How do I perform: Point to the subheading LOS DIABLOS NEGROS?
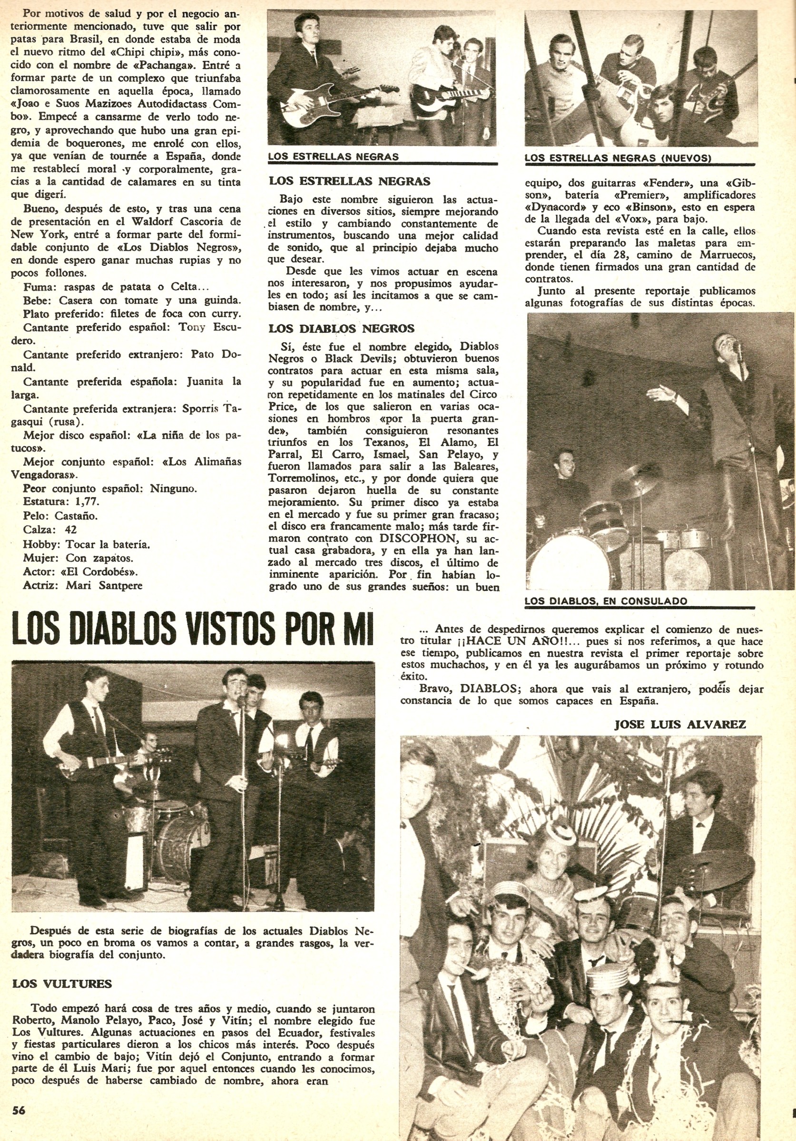tap(342, 329)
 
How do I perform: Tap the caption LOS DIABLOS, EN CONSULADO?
tap(606, 601)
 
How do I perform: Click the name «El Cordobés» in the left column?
tap(109, 571)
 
